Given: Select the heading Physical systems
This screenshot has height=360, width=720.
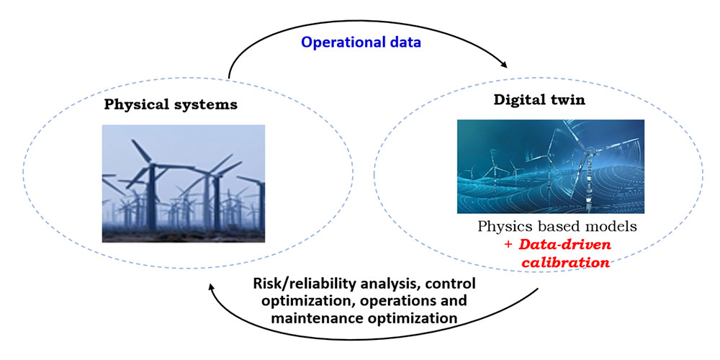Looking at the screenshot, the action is click(x=171, y=105).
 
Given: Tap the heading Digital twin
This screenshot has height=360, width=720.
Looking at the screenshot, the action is click(x=539, y=100).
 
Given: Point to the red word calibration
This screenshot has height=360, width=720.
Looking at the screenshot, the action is click(x=564, y=263).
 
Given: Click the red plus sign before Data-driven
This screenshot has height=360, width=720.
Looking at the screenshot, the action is click(x=508, y=245).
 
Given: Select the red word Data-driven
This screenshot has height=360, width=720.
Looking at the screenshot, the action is click(x=564, y=244).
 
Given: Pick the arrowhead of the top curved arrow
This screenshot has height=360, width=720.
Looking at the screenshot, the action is click(x=504, y=65).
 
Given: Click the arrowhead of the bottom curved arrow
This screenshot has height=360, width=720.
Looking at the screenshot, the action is click(x=211, y=287).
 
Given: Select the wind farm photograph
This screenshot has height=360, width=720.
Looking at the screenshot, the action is click(x=183, y=183).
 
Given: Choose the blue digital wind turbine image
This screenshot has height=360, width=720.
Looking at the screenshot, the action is click(x=551, y=167).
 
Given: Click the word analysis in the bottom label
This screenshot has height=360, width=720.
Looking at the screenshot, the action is click(x=387, y=284).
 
